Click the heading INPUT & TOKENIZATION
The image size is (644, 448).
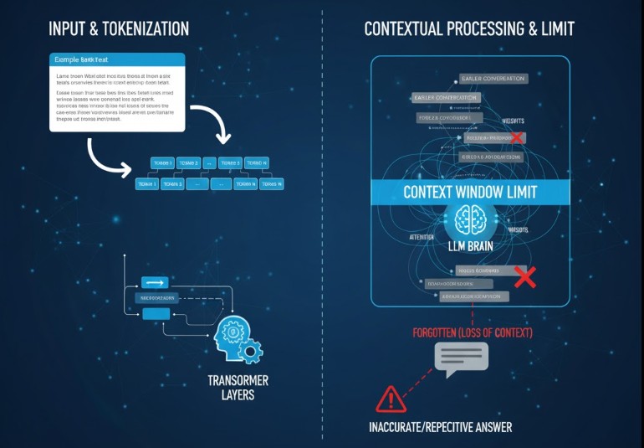[x=119, y=28]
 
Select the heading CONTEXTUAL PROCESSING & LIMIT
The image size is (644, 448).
[x=469, y=28]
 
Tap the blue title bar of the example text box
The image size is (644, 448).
[x=116, y=59]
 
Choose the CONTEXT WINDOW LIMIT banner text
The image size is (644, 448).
[x=470, y=192]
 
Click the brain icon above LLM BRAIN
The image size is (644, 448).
[x=471, y=221]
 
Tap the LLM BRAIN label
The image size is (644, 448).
[x=471, y=246]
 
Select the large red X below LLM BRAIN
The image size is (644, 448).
[x=524, y=277]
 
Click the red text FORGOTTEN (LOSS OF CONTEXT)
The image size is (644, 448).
[x=473, y=332]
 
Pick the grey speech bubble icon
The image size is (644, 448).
[x=461, y=360]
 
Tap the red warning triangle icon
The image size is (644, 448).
[x=390, y=399]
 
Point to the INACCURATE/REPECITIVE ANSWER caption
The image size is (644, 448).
[x=440, y=427]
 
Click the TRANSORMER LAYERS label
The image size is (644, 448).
[x=238, y=387]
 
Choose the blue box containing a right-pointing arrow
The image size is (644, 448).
[x=155, y=282]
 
